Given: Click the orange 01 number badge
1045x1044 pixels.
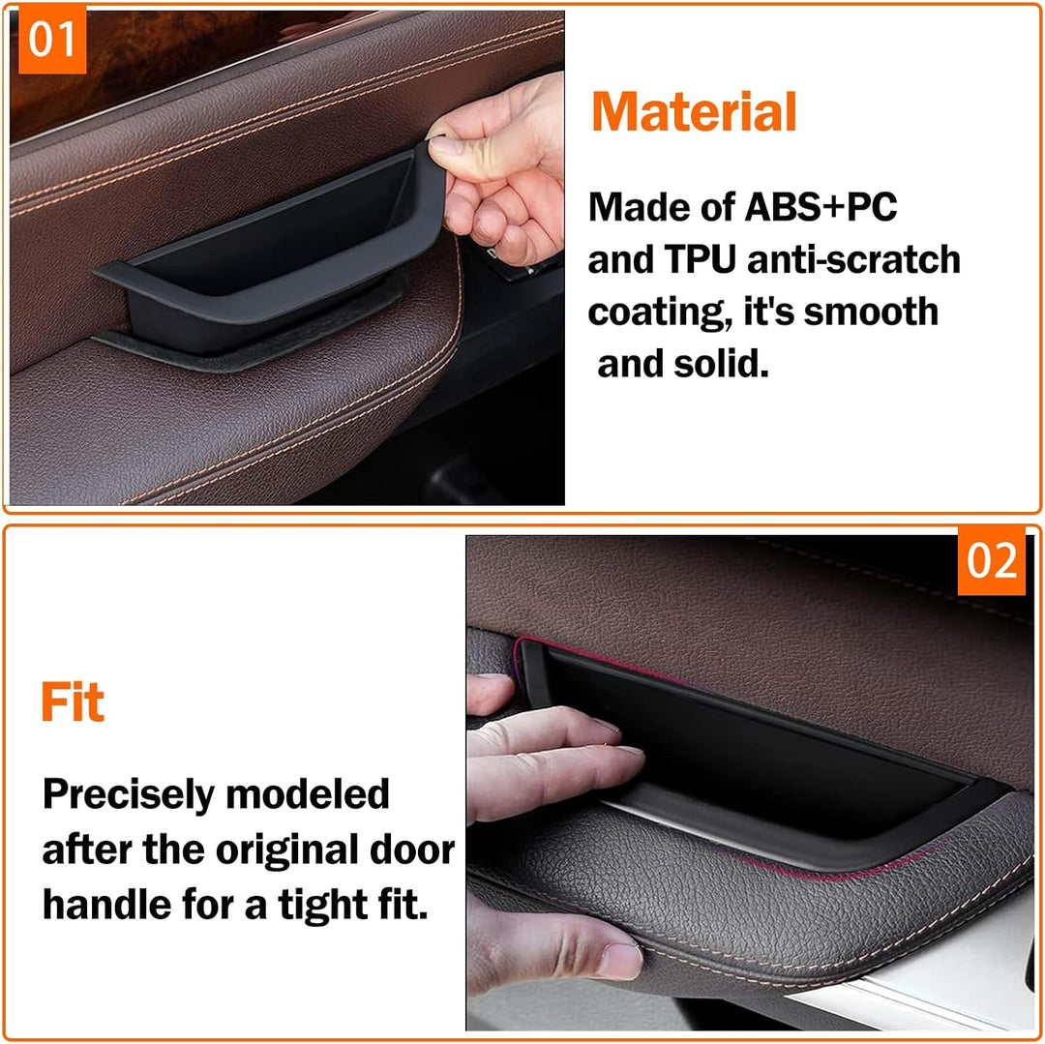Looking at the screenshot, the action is pyautogui.click(x=52, y=39).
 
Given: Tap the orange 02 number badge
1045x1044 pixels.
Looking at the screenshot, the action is pyautogui.click(x=991, y=560).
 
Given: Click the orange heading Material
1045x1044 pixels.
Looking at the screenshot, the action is pyautogui.click(x=694, y=112).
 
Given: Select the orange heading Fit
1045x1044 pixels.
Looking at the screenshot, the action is pyautogui.click(x=73, y=701).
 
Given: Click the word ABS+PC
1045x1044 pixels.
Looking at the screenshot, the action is pyautogui.click(x=821, y=207).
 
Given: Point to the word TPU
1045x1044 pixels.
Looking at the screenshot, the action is pyautogui.click(x=700, y=259).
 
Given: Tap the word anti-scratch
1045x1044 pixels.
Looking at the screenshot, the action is pyautogui.click(x=853, y=259).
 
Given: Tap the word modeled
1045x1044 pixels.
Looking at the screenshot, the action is pyautogui.click(x=308, y=794).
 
